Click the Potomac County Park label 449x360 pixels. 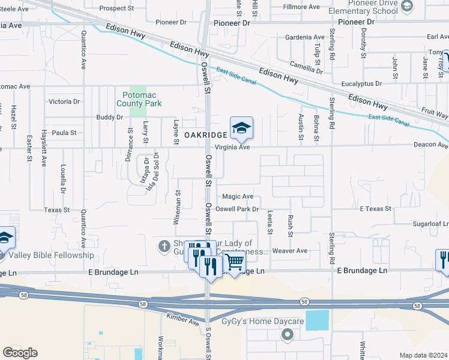click(x=142, y=99)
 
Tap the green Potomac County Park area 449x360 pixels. click(x=139, y=109)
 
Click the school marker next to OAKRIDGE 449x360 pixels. click(x=241, y=128)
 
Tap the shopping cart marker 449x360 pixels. click(x=234, y=262)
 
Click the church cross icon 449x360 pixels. click(x=163, y=245)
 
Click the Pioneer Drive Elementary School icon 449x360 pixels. click(x=406, y=6)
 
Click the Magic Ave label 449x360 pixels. click(x=238, y=196)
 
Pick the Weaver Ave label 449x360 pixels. click(x=289, y=251)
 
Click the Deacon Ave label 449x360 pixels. click(x=430, y=145)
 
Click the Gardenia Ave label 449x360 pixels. click(x=305, y=37)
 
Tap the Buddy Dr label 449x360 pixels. click(x=109, y=117)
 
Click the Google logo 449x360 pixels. click(x=20, y=353)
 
